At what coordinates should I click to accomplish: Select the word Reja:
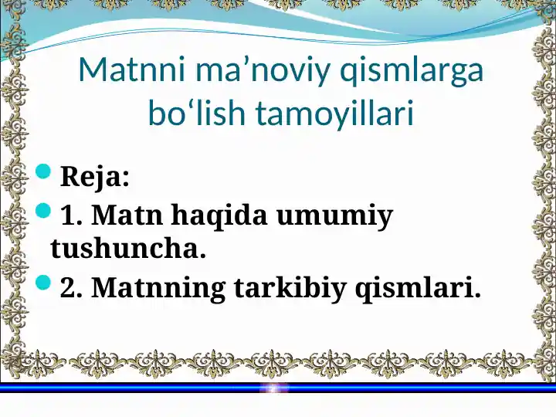click(x=95, y=176)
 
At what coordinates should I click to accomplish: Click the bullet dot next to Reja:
click(x=43, y=171)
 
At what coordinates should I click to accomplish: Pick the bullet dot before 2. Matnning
click(x=43, y=283)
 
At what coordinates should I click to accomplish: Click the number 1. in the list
click(x=71, y=215)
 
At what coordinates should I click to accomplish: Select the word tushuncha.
click(x=128, y=248)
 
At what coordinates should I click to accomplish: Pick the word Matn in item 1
click(x=127, y=215)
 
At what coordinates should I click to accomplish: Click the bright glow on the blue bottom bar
click(x=274, y=388)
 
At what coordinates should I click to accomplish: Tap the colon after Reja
click(x=125, y=179)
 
